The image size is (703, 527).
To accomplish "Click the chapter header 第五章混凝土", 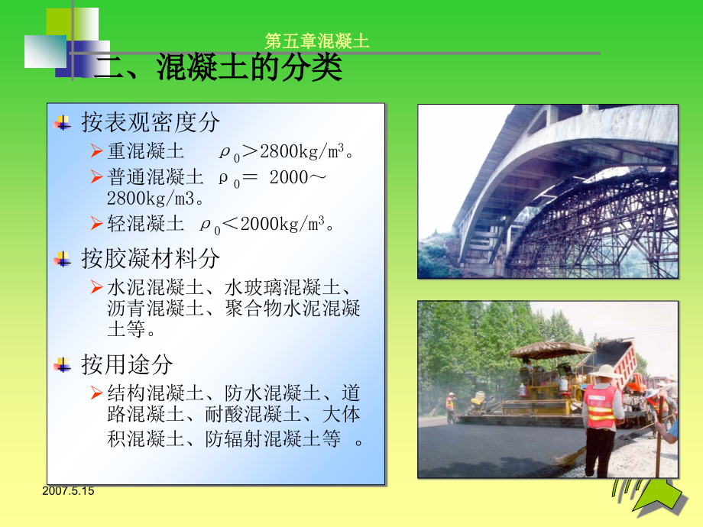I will click(316, 41).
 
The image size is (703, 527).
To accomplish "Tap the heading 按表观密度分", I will click(151, 122).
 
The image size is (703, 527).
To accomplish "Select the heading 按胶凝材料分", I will click(151, 259).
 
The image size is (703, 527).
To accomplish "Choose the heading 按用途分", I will click(128, 364).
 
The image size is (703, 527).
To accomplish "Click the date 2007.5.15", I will click(69, 491).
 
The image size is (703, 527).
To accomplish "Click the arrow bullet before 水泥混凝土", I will click(96, 287).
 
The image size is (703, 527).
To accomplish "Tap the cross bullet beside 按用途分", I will click(63, 365).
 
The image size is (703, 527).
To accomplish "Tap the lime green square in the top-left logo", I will click(73, 23).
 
